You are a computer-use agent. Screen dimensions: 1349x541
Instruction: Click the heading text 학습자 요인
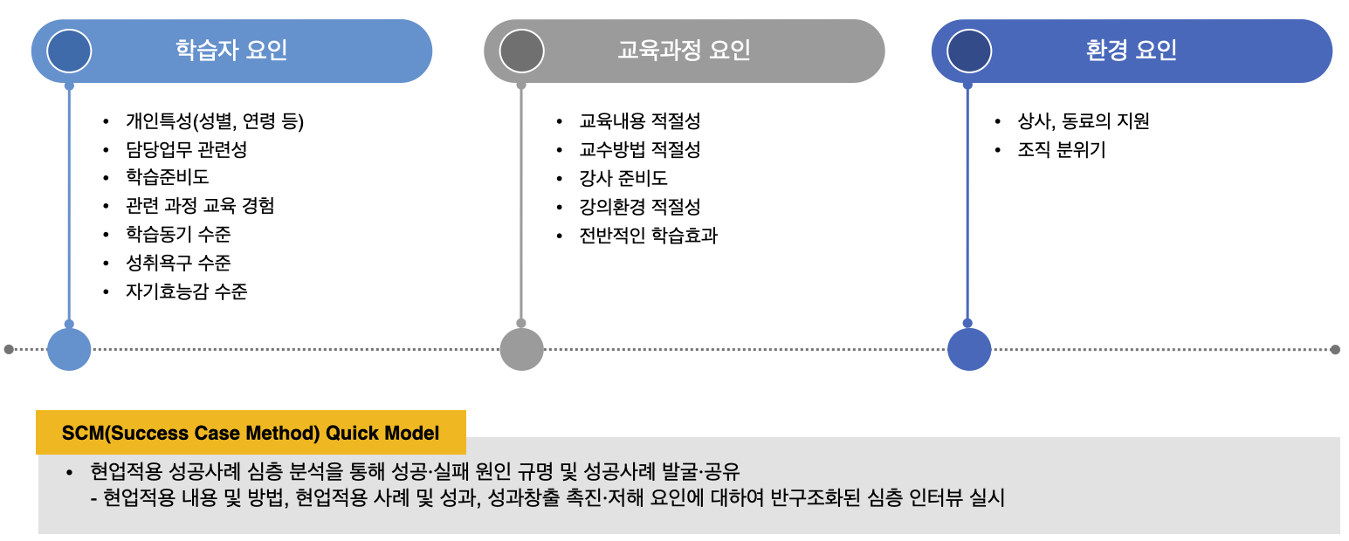(x=231, y=51)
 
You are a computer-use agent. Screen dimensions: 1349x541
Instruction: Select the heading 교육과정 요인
(x=684, y=51)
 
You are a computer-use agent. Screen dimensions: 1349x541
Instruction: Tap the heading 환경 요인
(x=1132, y=51)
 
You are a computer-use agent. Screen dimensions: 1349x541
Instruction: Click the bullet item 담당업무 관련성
(x=186, y=150)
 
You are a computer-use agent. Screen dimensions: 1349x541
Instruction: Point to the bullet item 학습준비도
(x=167, y=178)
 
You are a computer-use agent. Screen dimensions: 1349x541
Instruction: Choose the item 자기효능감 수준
(x=186, y=291)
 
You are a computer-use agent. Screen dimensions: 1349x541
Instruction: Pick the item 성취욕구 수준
(x=178, y=263)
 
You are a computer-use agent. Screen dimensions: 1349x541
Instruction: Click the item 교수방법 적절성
(x=639, y=150)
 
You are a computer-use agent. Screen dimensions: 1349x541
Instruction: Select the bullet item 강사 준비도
(x=623, y=178)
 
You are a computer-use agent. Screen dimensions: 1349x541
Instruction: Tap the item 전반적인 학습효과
(x=648, y=236)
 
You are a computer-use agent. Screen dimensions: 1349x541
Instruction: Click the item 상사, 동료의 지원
(x=1083, y=121)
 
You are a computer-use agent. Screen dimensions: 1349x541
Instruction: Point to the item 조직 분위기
(x=1061, y=150)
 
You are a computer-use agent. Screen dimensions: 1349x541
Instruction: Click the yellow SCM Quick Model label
(x=251, y=433)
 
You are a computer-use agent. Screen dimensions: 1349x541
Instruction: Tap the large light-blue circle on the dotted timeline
(x=69, y=349)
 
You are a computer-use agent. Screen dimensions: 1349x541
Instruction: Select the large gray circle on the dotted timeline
(x=521, y=349)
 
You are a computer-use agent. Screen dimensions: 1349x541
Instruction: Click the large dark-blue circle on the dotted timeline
(x=968, y=349)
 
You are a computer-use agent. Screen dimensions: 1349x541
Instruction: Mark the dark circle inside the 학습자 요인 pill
(x=69, y=51)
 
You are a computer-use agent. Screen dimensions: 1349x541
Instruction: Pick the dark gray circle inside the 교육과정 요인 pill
(x=521, y=51)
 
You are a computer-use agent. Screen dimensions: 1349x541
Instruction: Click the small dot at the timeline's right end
(x=1335, y=349)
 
